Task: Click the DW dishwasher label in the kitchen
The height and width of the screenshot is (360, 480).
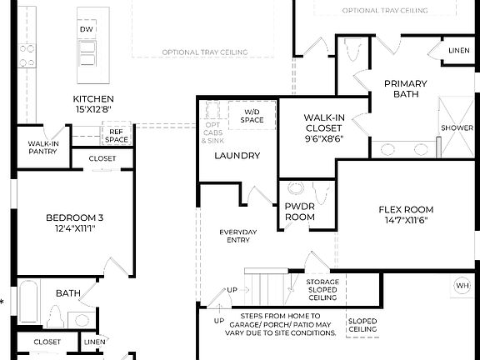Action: click(x=87, y=29)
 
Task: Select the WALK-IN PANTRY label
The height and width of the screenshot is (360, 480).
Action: click(x=42, y=147)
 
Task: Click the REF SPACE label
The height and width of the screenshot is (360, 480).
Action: click(x=117, y=135)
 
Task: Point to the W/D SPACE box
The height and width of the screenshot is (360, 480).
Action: click(x=253, y=116)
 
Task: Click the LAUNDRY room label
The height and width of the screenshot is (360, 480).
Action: click(x=237, y=156)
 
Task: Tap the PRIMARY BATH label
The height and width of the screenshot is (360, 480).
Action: click(x=405, y=88)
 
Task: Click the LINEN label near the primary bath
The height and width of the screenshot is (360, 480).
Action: click(x=458, y=51)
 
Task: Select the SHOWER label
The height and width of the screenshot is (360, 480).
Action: click(x=457, y=128)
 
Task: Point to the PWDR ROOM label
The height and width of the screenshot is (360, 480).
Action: click(x=300, y=212)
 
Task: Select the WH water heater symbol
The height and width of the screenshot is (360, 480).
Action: click(x=462, y=286)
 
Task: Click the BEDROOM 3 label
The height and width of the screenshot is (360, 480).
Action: click(x=75, y=222)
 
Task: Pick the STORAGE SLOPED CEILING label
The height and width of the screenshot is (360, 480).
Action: click(x=322, y=289)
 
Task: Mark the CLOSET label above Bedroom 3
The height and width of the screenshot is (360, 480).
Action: click(x=102, y=157)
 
